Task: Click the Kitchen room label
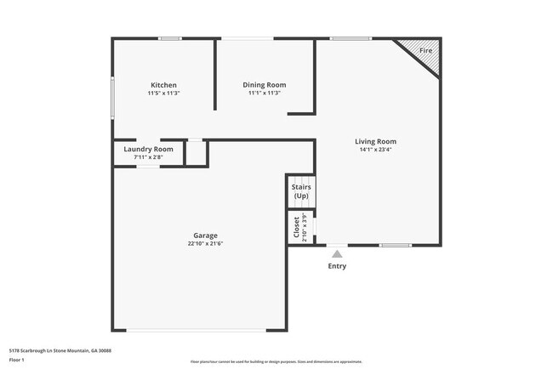pyautogui.click(x=164, y=85)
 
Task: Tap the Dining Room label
pyautogui.click(x=265, y=85)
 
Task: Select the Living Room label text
pyautogui.click(x=375, y=141)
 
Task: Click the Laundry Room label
pyautogui.click(x=148, y=149)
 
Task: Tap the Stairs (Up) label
pyautogui.click(x=300, y=191)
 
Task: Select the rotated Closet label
pyautogui.click(x=296, y=227)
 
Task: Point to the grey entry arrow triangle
pyautogui.click(x=337, y=253)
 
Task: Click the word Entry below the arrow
pyautogui.click(x=337, y=266)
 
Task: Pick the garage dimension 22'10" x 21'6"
pyautogui.click(x=205, y=244)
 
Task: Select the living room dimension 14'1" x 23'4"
pyautogui.click(x=375, y=150)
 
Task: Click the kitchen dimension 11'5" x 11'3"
pyautogui.click(x=164, y=94)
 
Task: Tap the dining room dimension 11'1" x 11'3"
pyautogui.click(x=265, y=94)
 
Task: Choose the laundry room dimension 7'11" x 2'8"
pyautogui.click(x=148, y=157)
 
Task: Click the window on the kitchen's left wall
pyautogui.click(x=112, y=98)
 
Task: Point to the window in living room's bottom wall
pyautogui.click(x=396, y=246)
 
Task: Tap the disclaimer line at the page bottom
pyautogui.click(x=276, y=362)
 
